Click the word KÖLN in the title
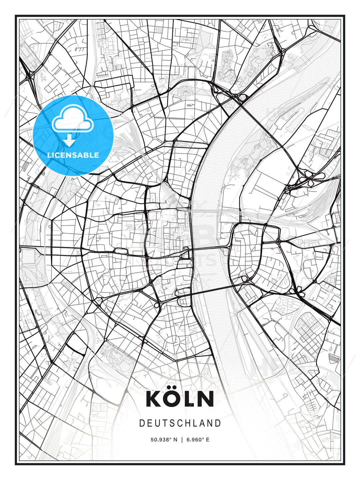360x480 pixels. pyautogui.click(x=180, y=399)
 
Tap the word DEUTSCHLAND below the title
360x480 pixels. pyautogui.click(x=180, y=423)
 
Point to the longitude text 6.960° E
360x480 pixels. pyautogui.click(x=198, y=440)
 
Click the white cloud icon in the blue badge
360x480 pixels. pyautogui.click(x=72, y=119)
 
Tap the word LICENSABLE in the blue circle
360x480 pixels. pyautogui.click(x=73, y=155)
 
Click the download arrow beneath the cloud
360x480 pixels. pyautogui.click(x=69, y=141)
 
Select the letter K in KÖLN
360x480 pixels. pyautogui.click(x=153, y=399)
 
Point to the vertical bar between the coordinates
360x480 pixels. pyautogui.click(x=182, y=440)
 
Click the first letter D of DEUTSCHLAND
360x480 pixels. pyautogui.click(x=142, y=423)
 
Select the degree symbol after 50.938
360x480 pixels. pyautogui.click(x=171, y=438)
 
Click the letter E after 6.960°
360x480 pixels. pyautogui.click(x=208, y=440)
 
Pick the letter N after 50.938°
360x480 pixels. pyautogui.click(x=176, y=440)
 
